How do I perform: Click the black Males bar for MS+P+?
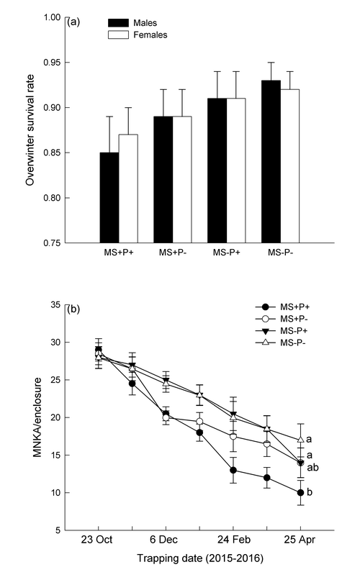click(x=109, y=197)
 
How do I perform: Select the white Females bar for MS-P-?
click(x=289, y=166)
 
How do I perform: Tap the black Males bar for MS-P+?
click(x=217, y=171)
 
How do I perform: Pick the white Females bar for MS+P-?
click(x=182, y=180)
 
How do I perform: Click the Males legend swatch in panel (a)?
click(x=118, y=23)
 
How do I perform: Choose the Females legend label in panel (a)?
click(x=150, y=35)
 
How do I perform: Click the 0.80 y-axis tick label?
click(x=52, y=198)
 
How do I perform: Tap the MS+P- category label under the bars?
click(x=173, y=253)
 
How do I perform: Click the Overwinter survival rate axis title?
click(x=30, y=130)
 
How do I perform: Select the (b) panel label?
click(x=73, y=309)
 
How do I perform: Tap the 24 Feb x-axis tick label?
click(x=234, y=540)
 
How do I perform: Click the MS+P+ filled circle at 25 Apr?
click(x=300, y=493)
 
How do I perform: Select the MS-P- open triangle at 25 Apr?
click(x=300, y=440)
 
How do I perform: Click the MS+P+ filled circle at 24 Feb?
click(x=233, y=470)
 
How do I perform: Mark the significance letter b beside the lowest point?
click(x=310, y=492)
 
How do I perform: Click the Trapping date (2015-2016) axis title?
click(x=200, y=558)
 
